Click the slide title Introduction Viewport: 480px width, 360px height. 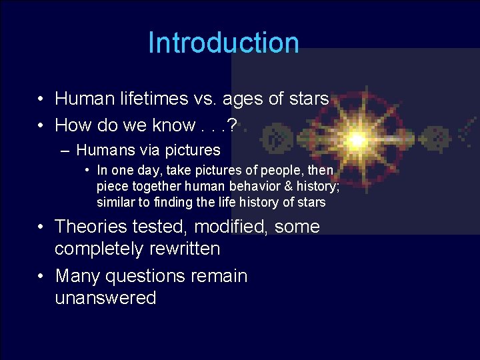coord(223,43)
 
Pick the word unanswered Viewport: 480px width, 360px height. coord(105,298)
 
